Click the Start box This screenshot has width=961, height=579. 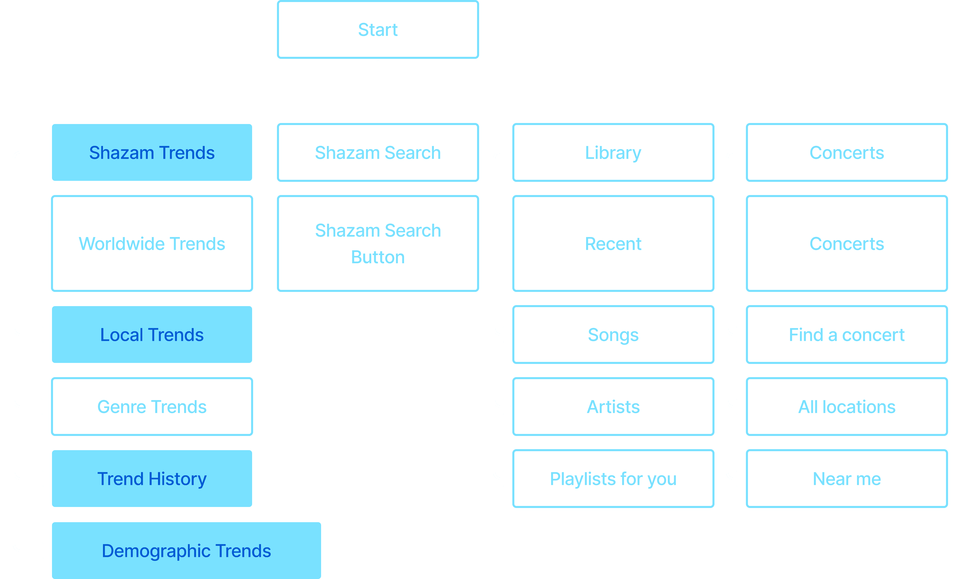click(378, 30)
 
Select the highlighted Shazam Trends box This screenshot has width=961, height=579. click(152, 152)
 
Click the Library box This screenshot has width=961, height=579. click(613, 152)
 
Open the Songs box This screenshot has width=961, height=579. click(613, 335)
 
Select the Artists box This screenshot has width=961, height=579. click(613, 407)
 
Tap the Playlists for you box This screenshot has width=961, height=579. click(613, 479)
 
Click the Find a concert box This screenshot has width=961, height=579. click(846, 335)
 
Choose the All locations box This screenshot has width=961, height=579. click(846, 407)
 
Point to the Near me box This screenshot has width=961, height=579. click(846, 479)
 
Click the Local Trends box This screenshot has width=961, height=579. click(152, 335)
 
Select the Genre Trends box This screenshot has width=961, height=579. click(152, 407)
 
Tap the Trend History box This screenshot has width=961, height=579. click(152, 479)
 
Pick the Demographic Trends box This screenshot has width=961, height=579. click(186, 551)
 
